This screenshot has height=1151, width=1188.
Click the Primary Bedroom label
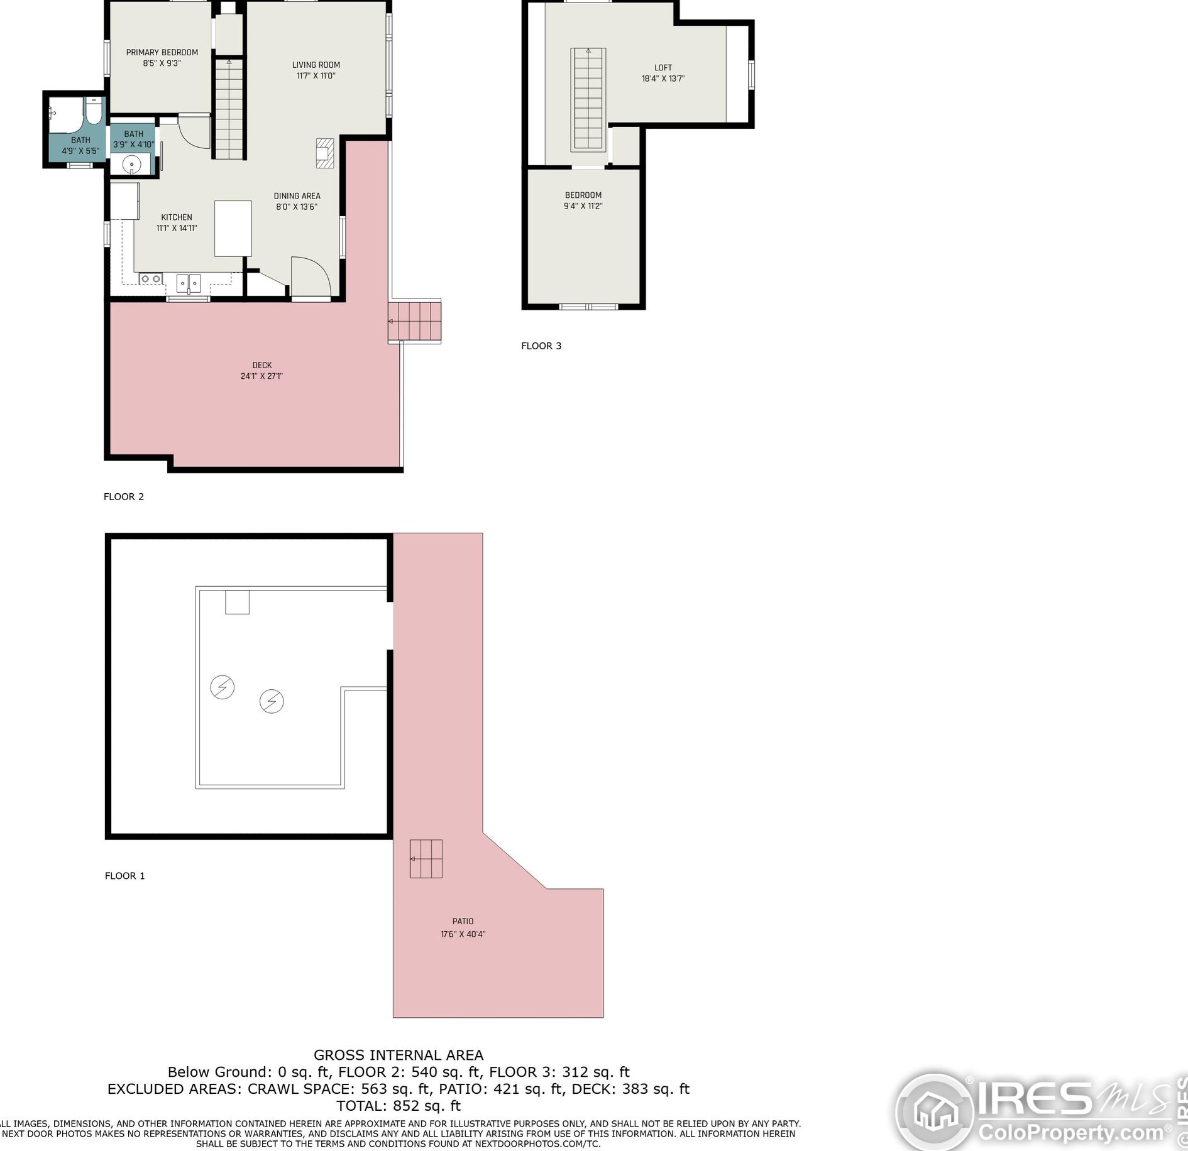pos(162,53)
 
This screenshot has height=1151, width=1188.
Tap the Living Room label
pos(316,65)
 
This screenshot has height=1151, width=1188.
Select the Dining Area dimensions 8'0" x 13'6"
pos(297,207)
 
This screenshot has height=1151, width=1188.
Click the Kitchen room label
pos(177,217)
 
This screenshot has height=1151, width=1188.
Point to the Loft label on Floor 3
pos(663,68)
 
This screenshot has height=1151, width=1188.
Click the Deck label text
pos(262,365)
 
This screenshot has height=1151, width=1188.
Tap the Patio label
pos(463,922)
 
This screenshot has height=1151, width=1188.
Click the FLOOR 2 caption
pos(124,496)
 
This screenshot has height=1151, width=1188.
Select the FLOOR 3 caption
pos(541,346)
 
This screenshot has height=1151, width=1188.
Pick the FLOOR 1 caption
pos(125,876)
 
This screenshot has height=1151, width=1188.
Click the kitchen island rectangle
pos(233,229)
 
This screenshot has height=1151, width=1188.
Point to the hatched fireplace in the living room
pos(324,153)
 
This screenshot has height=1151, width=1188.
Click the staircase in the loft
pos(588,99)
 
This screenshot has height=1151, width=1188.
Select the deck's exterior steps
pos(414,322)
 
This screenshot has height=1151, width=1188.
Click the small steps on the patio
pos(426,859)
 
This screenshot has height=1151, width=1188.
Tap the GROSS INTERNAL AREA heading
pos(399,1056)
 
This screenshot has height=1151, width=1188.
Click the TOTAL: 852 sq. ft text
pos(399,1106)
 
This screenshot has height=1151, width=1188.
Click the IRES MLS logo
pos(1040,1111)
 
